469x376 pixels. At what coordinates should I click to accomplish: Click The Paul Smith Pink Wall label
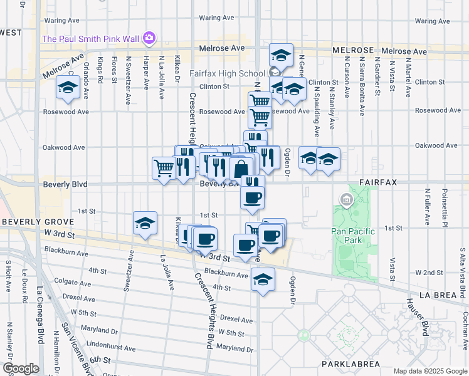90,39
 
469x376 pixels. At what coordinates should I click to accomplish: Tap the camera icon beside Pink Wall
149,39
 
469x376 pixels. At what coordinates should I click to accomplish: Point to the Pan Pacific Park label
352,236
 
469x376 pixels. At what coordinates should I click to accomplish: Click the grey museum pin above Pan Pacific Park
345,201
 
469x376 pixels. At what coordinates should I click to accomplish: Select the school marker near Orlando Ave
66,89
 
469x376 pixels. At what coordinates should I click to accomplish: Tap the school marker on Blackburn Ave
263,279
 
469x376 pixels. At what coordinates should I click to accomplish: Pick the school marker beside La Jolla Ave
145,224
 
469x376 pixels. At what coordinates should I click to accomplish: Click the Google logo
20,368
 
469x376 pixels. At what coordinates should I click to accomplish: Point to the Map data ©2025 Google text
429,371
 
